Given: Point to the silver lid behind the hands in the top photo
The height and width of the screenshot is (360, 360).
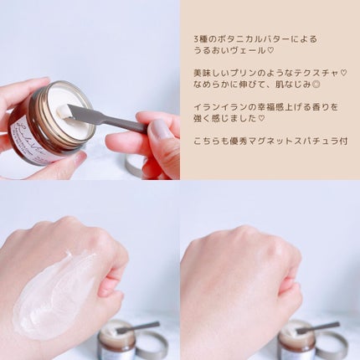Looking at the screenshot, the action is click(135, 164).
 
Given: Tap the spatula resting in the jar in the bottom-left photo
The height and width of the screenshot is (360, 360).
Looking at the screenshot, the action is click(137, 327).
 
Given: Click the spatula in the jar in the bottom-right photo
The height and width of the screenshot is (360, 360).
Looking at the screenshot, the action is click(317, 327).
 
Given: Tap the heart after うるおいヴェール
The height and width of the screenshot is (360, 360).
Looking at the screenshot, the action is click(270, 51).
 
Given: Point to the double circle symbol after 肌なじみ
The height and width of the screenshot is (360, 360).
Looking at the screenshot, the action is click(316, 85).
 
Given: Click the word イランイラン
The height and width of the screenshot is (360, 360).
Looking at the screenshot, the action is click(217, 107).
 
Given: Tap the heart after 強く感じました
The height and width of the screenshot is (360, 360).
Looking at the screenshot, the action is click(261, 119).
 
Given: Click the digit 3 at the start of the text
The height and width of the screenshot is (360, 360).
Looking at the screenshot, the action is click(197, 39).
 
